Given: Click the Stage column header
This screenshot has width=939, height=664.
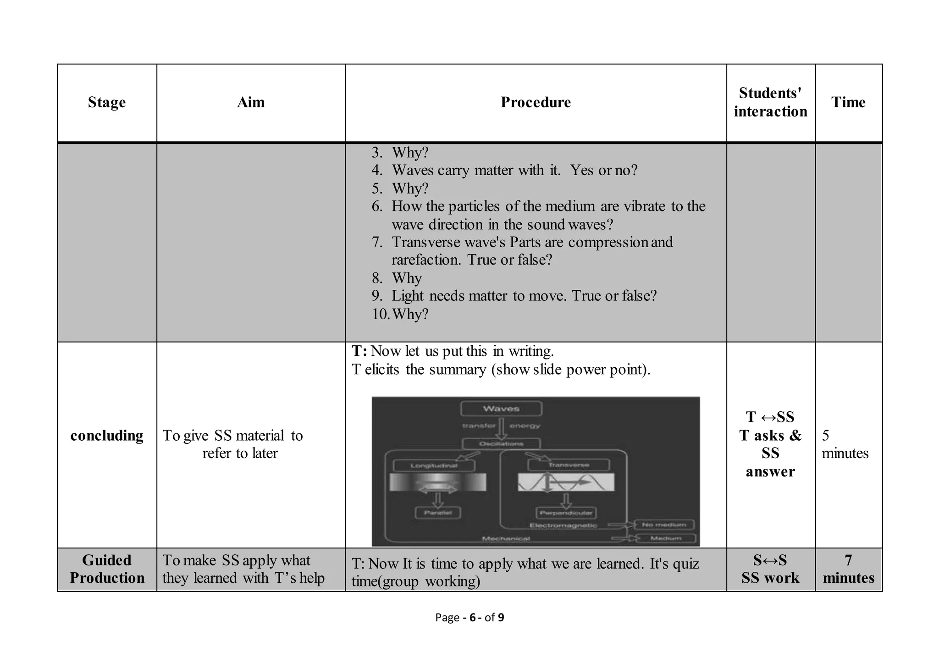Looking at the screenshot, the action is click(x=106, y=102).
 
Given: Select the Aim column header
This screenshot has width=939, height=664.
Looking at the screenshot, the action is click(x=251, y=102).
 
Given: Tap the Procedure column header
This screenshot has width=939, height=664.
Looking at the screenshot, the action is click(x=536, y=102).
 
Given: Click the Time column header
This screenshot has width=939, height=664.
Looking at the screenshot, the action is click(x=848, y=102).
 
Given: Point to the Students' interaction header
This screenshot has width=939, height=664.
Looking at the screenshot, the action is click(x=770, y=102).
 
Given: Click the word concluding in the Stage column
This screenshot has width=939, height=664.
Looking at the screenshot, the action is click(x=107, y=435).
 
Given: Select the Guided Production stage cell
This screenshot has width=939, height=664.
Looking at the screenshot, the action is click(x=107, y=569).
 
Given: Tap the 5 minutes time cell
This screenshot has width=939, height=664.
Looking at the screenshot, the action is click(x=845, y=444).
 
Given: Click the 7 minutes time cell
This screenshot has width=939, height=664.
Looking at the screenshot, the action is click(x=848, y=569).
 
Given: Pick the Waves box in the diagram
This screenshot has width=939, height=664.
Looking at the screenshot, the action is click(x=501, y=408).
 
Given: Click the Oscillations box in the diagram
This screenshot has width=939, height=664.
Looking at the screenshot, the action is click(x=501, y=443).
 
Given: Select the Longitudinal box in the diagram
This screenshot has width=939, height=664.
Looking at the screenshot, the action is click(x=434, y=465).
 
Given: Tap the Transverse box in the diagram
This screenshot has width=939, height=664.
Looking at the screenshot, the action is click(x=569, y=465).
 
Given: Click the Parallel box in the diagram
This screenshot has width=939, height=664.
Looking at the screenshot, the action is click(x=437, y=512).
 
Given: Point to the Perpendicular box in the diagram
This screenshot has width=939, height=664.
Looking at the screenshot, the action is click(x=566, y=512).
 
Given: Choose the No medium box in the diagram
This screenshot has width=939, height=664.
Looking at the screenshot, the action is click(x=664, y=525).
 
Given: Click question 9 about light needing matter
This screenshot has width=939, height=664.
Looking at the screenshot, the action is click(x=524, y=296).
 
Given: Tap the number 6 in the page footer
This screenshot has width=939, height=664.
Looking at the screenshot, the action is click(x=472, y=618).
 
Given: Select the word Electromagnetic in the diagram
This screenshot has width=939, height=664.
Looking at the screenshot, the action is click(x=563, y=526).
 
